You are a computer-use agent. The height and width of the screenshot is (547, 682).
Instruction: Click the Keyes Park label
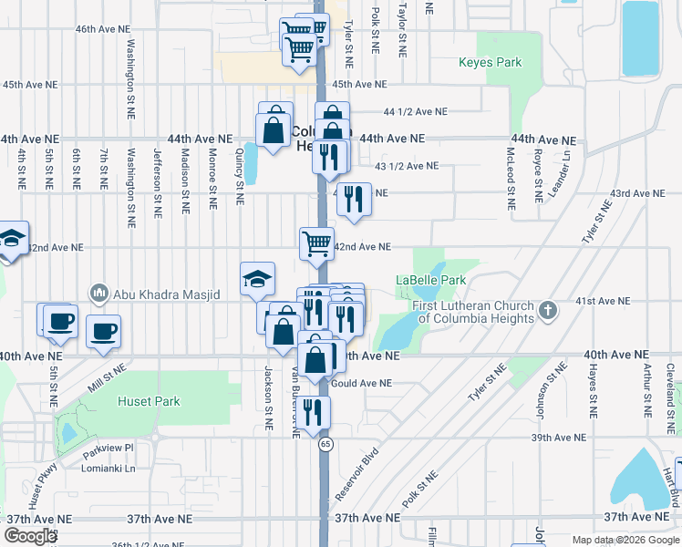click(491, 63)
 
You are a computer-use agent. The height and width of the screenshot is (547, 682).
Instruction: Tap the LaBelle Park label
click(430, 280)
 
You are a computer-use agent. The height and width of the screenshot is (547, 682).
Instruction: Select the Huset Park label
click(149, 401)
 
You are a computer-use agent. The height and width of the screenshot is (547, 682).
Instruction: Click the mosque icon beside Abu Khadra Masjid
click(98, 294)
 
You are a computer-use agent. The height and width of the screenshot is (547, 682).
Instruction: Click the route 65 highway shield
click(325, 444)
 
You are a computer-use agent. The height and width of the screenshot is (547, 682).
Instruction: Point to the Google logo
click(31, 536)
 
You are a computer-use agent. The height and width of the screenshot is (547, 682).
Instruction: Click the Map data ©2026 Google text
click(625, 540)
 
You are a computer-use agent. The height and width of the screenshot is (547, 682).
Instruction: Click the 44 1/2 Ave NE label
click(416, 111)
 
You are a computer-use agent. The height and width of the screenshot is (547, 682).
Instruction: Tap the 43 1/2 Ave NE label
click(407, 166)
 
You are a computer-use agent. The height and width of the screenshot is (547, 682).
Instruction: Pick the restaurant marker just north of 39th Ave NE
click(313, 412)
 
